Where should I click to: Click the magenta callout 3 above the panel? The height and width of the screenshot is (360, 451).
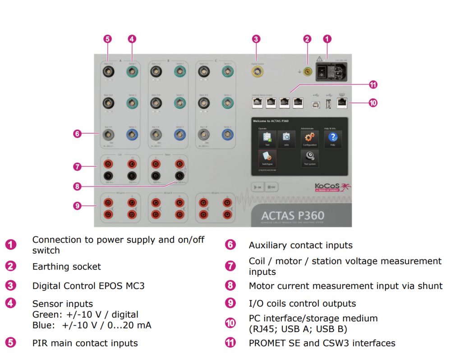[x=256, y=39]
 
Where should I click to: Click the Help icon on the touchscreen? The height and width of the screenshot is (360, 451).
[x=333, y=137]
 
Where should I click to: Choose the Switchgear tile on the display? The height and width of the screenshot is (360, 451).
[x=267, y=157]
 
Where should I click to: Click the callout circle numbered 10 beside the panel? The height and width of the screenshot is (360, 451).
[x=373, y=103]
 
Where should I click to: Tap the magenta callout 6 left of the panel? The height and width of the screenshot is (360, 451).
[x=77, y=133]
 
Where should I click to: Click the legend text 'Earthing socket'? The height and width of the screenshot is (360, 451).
[x=67, y=267]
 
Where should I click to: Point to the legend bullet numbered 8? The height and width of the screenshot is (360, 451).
[x=230, y=286]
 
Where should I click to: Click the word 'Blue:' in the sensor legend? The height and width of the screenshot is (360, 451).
[x=44, y=325]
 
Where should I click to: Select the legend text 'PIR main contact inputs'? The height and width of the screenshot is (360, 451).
[x=85, y=343]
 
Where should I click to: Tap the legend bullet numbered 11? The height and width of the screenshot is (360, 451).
[x=230, y=343]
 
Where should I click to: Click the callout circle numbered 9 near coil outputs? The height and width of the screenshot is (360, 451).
[x=77, y=205]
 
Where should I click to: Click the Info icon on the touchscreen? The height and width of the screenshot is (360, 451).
[x=286, y=137]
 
